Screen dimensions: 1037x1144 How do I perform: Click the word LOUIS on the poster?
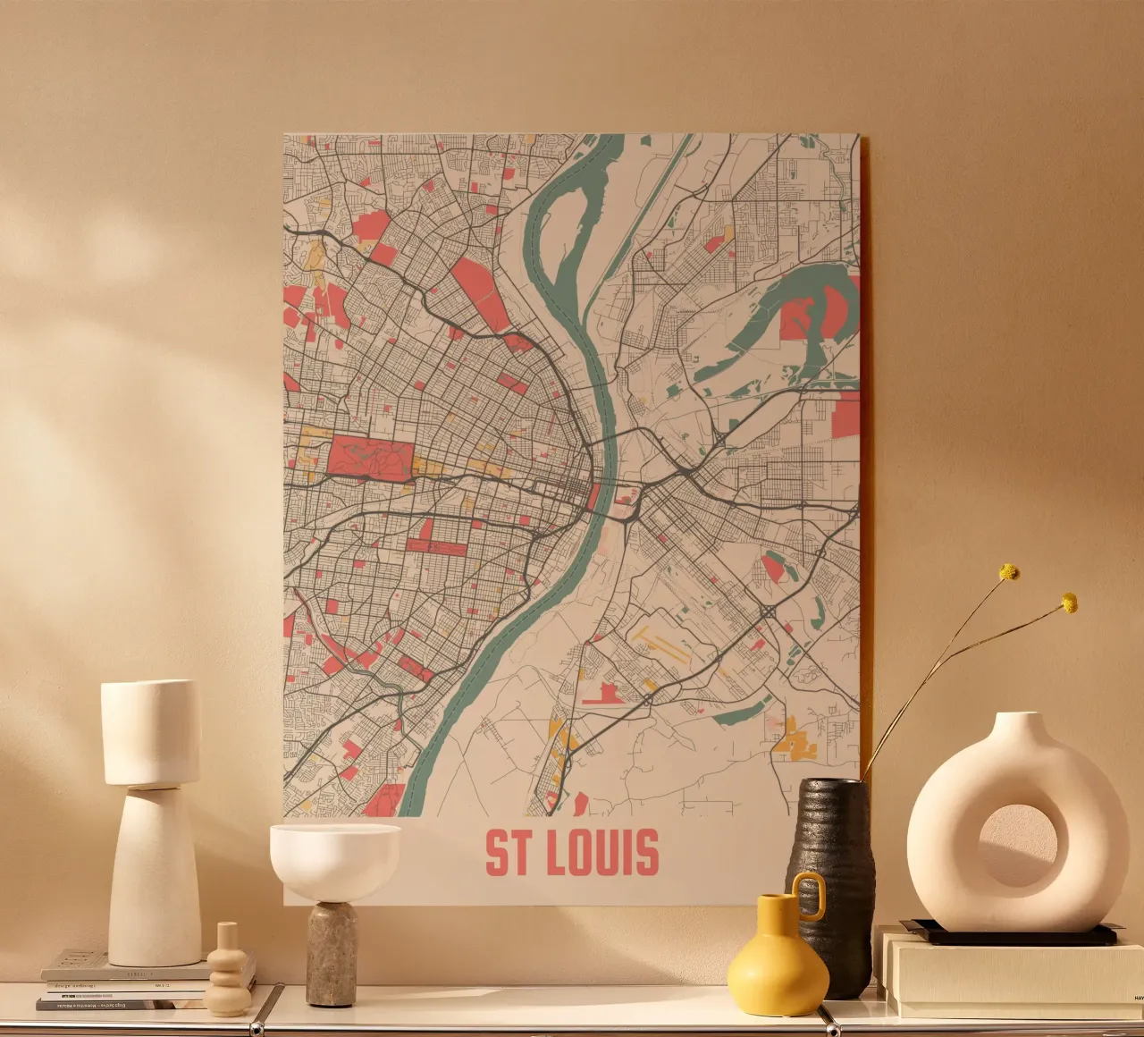pyautogui.click(x=601, y=853)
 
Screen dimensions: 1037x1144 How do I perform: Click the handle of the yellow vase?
pyautogui.click(x=810, y=896)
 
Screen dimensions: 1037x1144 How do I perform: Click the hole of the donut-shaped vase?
pyautogui.click(x=1018, y=846)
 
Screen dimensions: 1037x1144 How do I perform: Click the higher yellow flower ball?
pyautogui.click(x=1009, y=571)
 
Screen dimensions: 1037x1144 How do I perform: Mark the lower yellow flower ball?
pyautogui.click(x=1069, y=603)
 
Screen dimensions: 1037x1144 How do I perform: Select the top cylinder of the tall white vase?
pyautogui.click(x=150, y=733)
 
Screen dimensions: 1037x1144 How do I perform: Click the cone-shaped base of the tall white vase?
pyautogui.click(x=154, y=876)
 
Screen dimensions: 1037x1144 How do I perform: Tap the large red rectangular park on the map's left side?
pyautogui.click(x=369, y=455)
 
